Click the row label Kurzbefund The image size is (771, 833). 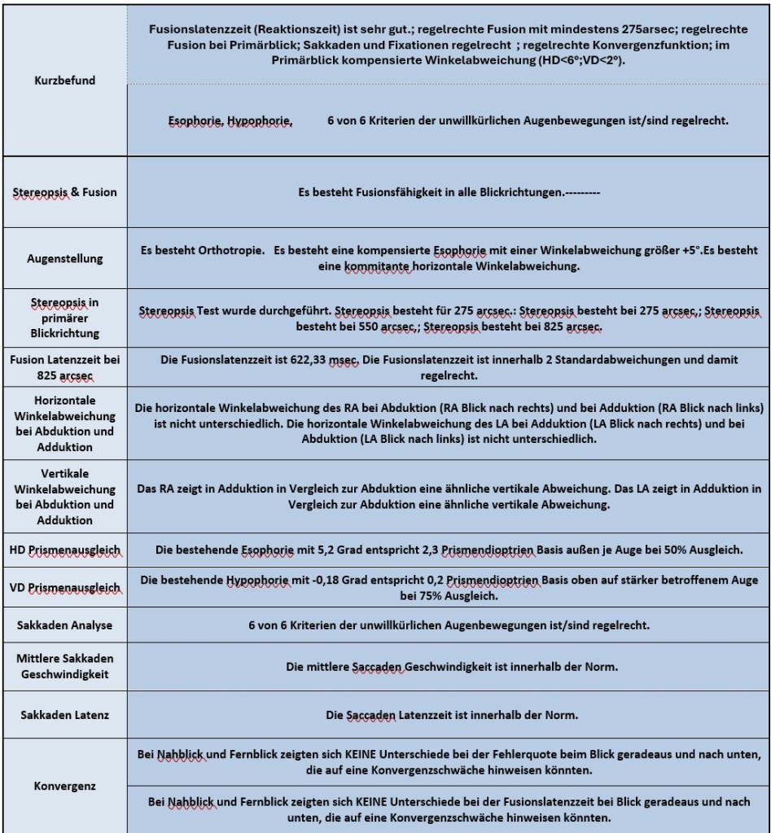point(64,81)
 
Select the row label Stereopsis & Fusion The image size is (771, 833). point(64,192)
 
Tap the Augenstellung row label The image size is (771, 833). point(64,258)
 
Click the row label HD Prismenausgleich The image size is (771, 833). point(64,550)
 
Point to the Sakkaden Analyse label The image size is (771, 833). point(64,625)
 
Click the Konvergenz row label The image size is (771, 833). point(64,787)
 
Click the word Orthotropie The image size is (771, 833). point(224,251)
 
